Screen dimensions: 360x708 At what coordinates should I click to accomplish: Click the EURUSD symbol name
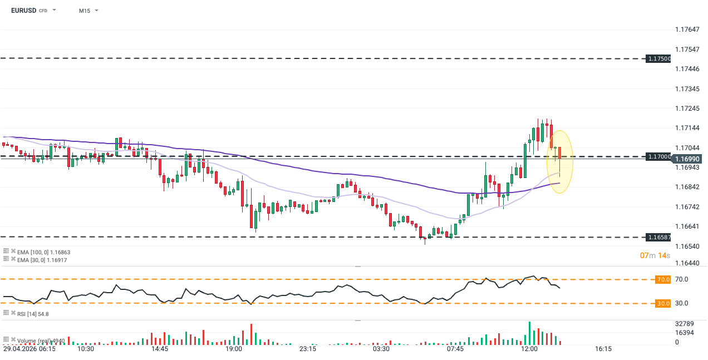click(x=23, y=11)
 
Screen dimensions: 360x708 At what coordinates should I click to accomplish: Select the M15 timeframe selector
click(x=85, y=11)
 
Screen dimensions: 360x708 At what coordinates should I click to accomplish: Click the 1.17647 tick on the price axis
click(x=686, y=29)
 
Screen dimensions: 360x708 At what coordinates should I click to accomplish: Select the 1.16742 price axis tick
click(x=686, y=207)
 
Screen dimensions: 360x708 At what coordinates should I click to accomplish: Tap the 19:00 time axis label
click(x=234, y=349)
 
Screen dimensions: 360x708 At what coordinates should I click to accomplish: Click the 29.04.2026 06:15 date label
click(x=29, y=349)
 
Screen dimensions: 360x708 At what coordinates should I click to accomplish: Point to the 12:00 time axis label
click(x=529, y=349)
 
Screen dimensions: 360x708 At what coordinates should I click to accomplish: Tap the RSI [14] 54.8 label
click(x=33, y=314)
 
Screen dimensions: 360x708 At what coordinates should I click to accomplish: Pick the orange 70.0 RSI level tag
click(x=662, y=279)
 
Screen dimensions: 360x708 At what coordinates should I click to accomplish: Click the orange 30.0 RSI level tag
click(x=662, y=303)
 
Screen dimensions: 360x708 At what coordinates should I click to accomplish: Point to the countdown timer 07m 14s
click(x=654, y=255)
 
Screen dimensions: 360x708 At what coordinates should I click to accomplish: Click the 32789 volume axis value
click(x=684, y=323)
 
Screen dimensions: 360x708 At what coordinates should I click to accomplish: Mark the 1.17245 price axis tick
click(x=686, y=109)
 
